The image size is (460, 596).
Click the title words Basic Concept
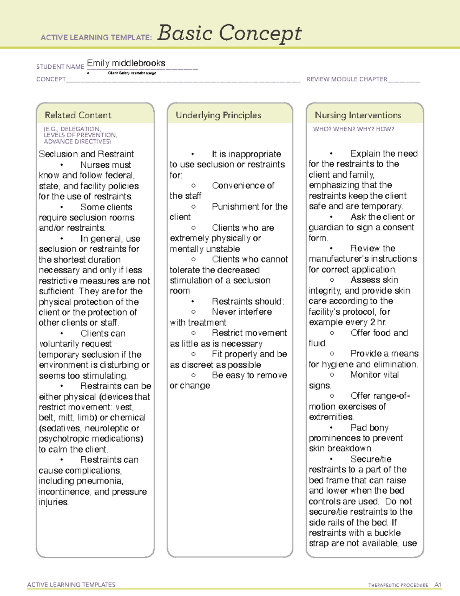pyautogui.click(x=229, y=33)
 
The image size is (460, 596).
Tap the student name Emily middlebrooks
pyautogui.click(x=126, y=63)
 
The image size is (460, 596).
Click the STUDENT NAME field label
pyautogui.click(x=60, y=67)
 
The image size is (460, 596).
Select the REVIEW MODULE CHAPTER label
pyautogui.click(x=347, y=79)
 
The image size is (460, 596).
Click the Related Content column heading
pyautogui.click(x=78, y=115)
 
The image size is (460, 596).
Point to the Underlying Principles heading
pyautogui.click(x=219, y=115)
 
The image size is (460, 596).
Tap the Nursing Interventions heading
pyautogui.click(x=358, y=115)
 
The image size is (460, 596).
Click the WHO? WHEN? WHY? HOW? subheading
pyautogui.click(x=353, y=129)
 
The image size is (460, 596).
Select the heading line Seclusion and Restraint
pyautogui.click(x=86, y=154)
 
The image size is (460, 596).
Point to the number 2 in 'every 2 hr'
pyautogui.click(x=373, y=322)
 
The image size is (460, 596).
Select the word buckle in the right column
pyautogui.click(x=388, y=533)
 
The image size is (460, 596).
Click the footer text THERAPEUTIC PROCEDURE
pyautogui.click(x=398, y=585)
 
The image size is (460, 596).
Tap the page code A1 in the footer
pyautogui.click(x=438, y=585)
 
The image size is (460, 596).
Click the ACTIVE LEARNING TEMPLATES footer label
pyautogui.click(x=71, y=584)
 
